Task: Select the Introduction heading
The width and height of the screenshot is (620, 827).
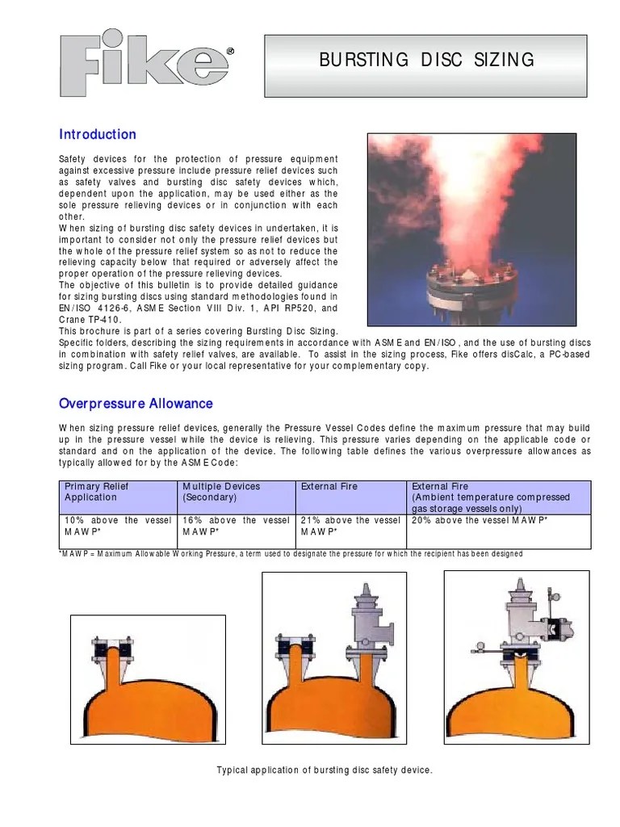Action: [98, 134]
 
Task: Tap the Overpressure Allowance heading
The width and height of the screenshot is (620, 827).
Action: [136, 403]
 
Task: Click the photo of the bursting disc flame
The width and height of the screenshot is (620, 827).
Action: [471, 229]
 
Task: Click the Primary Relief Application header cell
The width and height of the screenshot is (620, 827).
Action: [119, 492]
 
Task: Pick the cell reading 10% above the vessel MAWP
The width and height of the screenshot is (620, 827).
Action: [119, 527]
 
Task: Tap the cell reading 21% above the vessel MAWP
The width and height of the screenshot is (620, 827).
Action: [350, 527]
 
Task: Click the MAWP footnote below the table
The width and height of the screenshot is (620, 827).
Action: [291, 553]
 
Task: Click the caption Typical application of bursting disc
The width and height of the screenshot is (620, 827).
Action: [325, 770]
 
